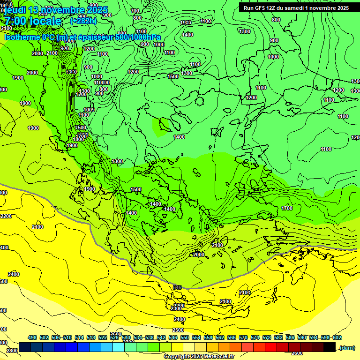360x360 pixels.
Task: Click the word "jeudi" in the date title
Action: (x=14, y=10)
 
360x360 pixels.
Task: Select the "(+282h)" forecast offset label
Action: (x=83, y=21)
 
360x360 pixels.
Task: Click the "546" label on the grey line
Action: (x=177, y=287)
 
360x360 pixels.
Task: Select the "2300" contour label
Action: (x=177, y=308)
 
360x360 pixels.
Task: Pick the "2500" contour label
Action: (x=179, y=318)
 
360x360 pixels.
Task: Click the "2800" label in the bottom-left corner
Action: (x=12, y=351)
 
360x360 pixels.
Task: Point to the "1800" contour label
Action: (x=78, y=139)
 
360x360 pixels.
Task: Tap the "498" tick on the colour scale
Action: (x=32, y=337)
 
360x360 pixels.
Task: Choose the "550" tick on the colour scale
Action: (x=184, y=337)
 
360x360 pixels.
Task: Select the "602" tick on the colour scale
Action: (x=337, y=337)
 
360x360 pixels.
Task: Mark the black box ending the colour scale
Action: (x=330, y=347)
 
